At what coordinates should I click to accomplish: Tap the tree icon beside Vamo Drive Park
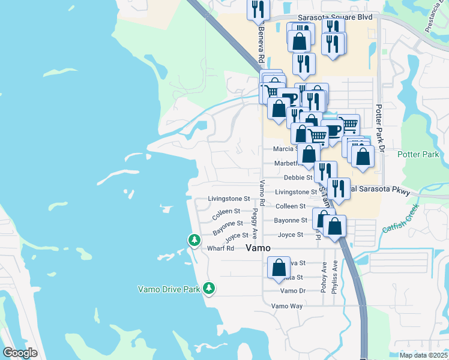(x=209, y=289)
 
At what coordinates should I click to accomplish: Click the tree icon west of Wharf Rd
(x=194, y=240)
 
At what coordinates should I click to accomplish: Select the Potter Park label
(x=418, y=154)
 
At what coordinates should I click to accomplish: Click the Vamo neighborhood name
(x=258, y=248)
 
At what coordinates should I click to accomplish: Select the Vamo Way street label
(x=287, y=306)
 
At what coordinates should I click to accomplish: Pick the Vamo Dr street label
(x=293, y=291)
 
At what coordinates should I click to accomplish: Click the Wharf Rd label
(x=220, y=248)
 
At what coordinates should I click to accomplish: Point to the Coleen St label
(x=226, y=211)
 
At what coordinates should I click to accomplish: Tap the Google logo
(x=20, y=353)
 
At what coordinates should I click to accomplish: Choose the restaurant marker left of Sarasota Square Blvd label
(x=259, y=8)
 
